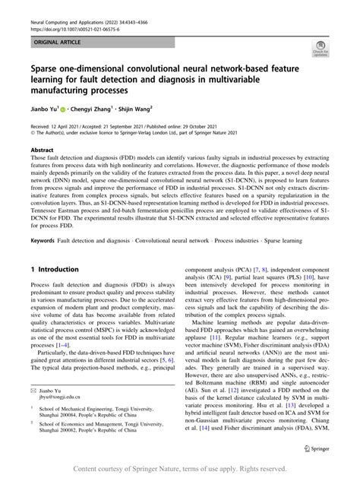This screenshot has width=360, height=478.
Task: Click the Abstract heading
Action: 42,150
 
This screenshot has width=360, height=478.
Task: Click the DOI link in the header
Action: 71,15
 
